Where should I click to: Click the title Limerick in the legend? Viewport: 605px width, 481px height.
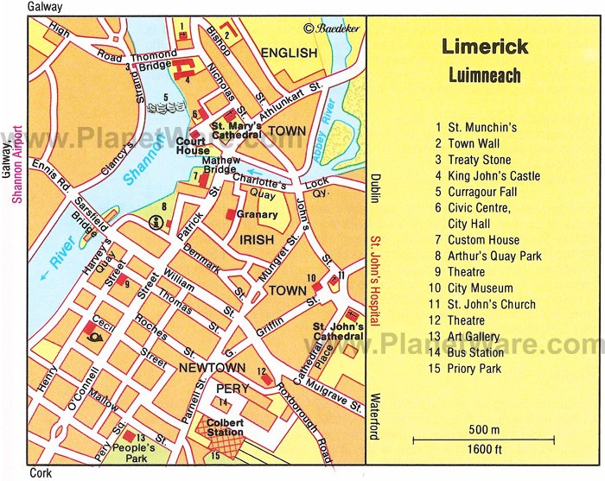coord(484,47)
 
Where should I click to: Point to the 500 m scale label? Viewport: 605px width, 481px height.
coord(484,429)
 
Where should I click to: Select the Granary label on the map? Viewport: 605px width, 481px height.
coord(258,215)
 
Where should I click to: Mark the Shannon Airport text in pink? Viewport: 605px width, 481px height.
coord(16,164)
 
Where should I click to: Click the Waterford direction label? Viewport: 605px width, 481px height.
coord(375,417)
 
